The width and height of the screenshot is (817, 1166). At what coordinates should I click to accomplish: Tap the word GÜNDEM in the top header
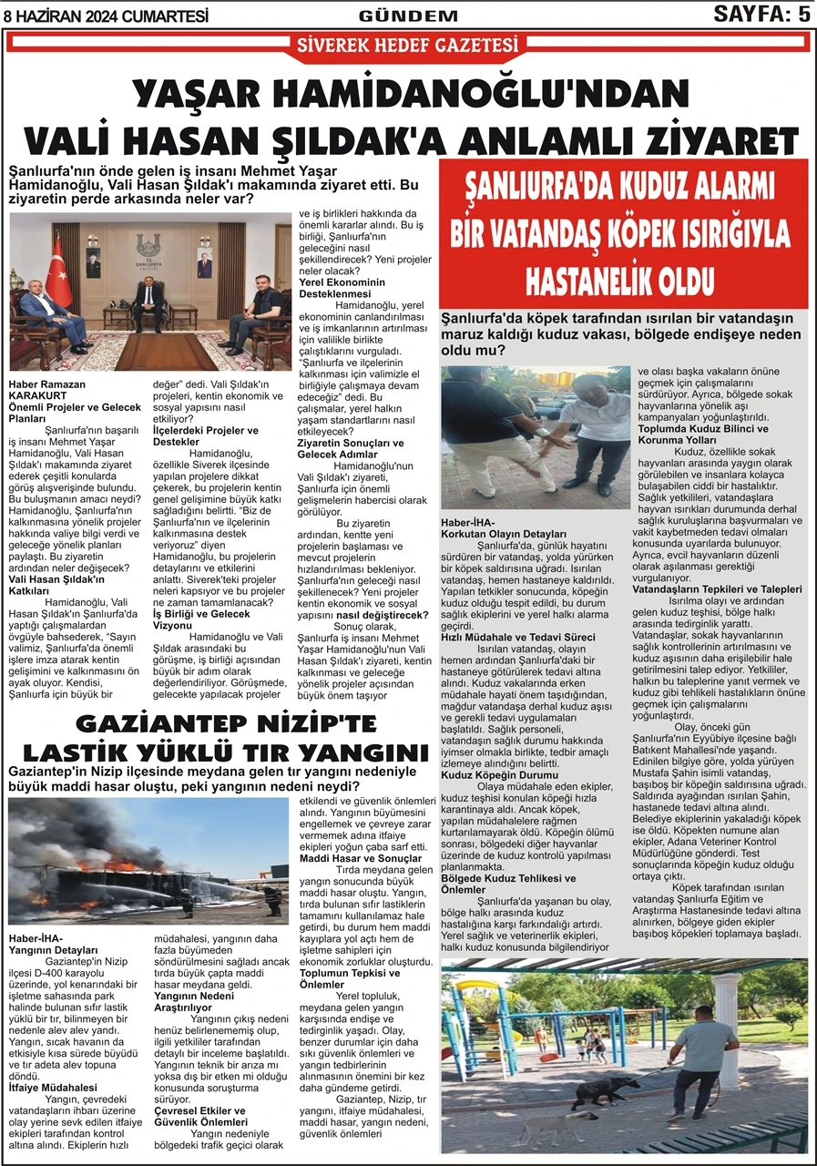(x=408, y=15)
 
